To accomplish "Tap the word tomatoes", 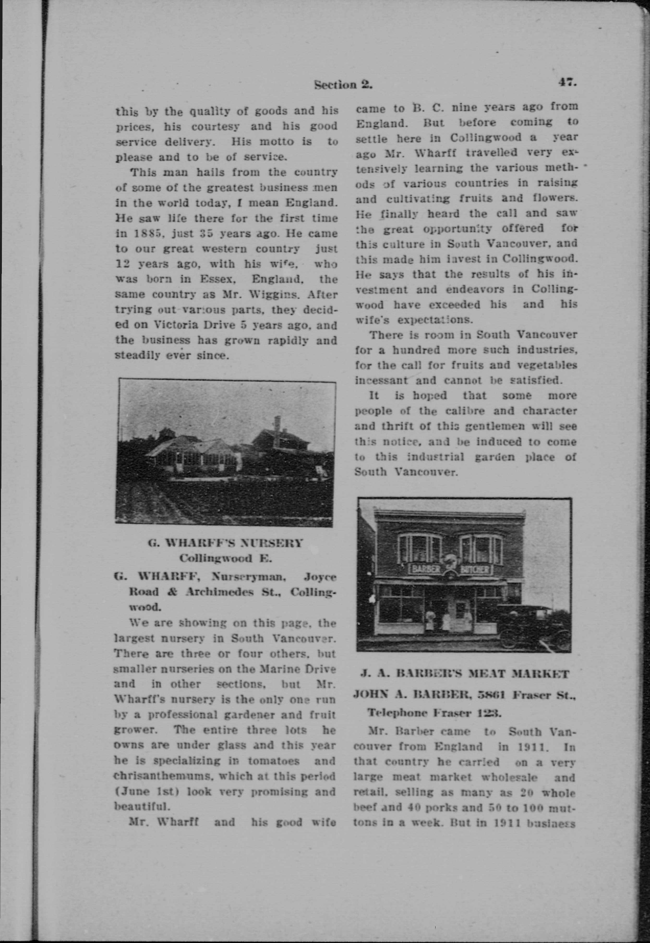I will point(273,761).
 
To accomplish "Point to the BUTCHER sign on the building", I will point(475,569).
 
